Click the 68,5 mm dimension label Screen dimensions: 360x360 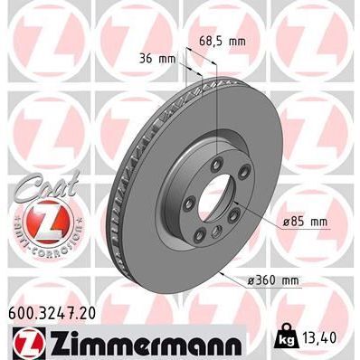[223, 41]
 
